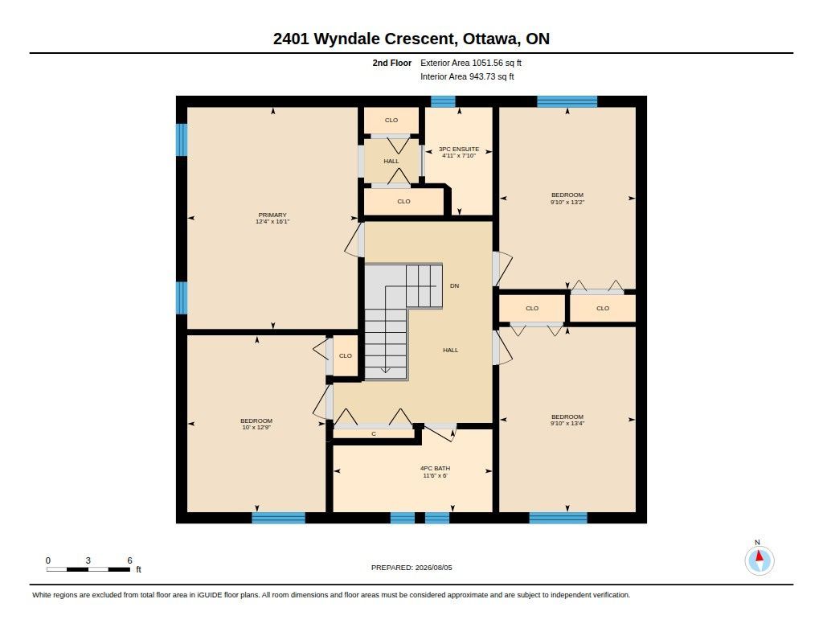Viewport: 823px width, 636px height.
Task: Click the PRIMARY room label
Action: click(x=272, y=215)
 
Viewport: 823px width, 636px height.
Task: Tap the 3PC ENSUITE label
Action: click(x=459, y=150)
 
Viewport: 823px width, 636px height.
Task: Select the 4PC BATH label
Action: click(x=435, y=469)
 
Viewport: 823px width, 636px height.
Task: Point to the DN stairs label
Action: click(x=455, y=285)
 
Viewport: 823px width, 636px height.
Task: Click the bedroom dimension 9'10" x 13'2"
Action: click(x=567, y=202)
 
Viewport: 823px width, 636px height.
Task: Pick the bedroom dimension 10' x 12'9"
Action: click(x=256, y=428)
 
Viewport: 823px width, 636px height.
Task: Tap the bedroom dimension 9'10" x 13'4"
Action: click(x=567, y=423)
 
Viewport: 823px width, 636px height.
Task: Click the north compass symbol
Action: click(x=759, y=560)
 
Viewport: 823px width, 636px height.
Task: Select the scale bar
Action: click(x=88, y=569)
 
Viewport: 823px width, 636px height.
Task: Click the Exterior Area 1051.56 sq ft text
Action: click(x=471, y=63)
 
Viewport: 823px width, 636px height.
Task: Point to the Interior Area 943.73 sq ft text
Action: click(x=467, y=76)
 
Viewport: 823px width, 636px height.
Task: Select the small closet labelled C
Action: click(x=374, y=434)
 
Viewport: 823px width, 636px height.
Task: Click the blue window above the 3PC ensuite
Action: click(x=443, y=101)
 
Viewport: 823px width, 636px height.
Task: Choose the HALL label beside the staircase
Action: click(x=450, y=350)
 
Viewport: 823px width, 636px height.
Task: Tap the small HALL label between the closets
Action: click(x=391, y=162)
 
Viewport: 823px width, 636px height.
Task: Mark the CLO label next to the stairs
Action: click(x=346, y=355)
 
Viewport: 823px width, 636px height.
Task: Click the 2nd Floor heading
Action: click(x=392, y=63)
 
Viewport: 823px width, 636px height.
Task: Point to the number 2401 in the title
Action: click(x=291, y=39)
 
